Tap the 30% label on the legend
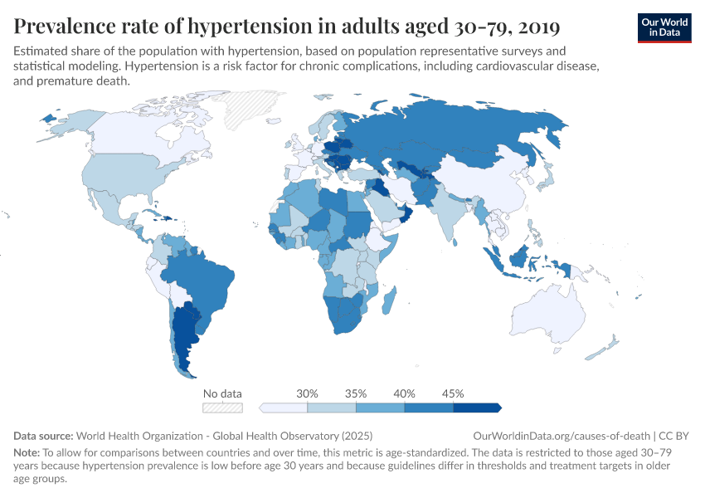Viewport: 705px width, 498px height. [x=308, y=393]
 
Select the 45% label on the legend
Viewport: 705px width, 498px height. [x=453, y=393]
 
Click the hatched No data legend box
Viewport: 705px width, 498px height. [x=222, y=408]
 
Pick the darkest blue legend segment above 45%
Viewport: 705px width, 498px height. [x=477, y=408]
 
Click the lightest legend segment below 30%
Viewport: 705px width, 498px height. [x=284, y=408]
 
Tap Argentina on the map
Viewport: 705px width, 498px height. [x=184, y=340]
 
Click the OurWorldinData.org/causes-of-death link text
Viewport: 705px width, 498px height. [x=561, y=435]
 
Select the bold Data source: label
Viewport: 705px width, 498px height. [x=44, y=435]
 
